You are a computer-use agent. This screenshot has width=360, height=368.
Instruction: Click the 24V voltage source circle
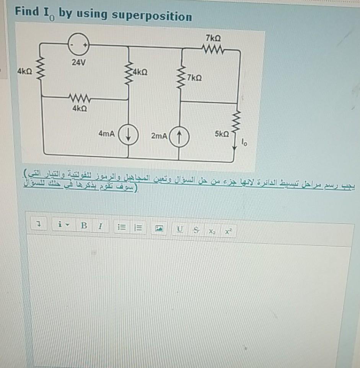[78, 45]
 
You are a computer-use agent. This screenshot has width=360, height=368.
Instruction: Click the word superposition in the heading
[152, 16]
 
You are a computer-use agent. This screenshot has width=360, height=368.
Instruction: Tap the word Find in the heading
[27, 12]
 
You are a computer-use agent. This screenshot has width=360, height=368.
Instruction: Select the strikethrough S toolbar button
[195, 231]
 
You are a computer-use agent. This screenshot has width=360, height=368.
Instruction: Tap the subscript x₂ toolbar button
[212, 231]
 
